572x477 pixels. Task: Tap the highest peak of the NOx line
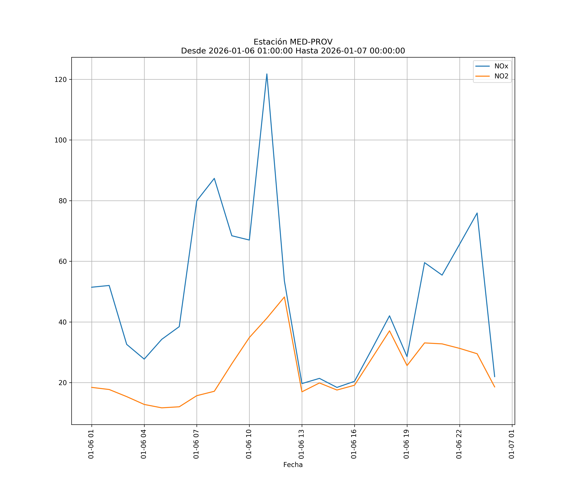[267, 74]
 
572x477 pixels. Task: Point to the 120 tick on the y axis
[61, 80]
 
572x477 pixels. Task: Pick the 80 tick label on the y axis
[62, 201]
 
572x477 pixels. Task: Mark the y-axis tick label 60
[62, 261]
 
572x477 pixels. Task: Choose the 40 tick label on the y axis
[62, 322]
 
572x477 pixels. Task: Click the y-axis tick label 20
[62, 383]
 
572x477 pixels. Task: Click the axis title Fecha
[293, 465]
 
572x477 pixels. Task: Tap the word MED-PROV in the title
[311, 42]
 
